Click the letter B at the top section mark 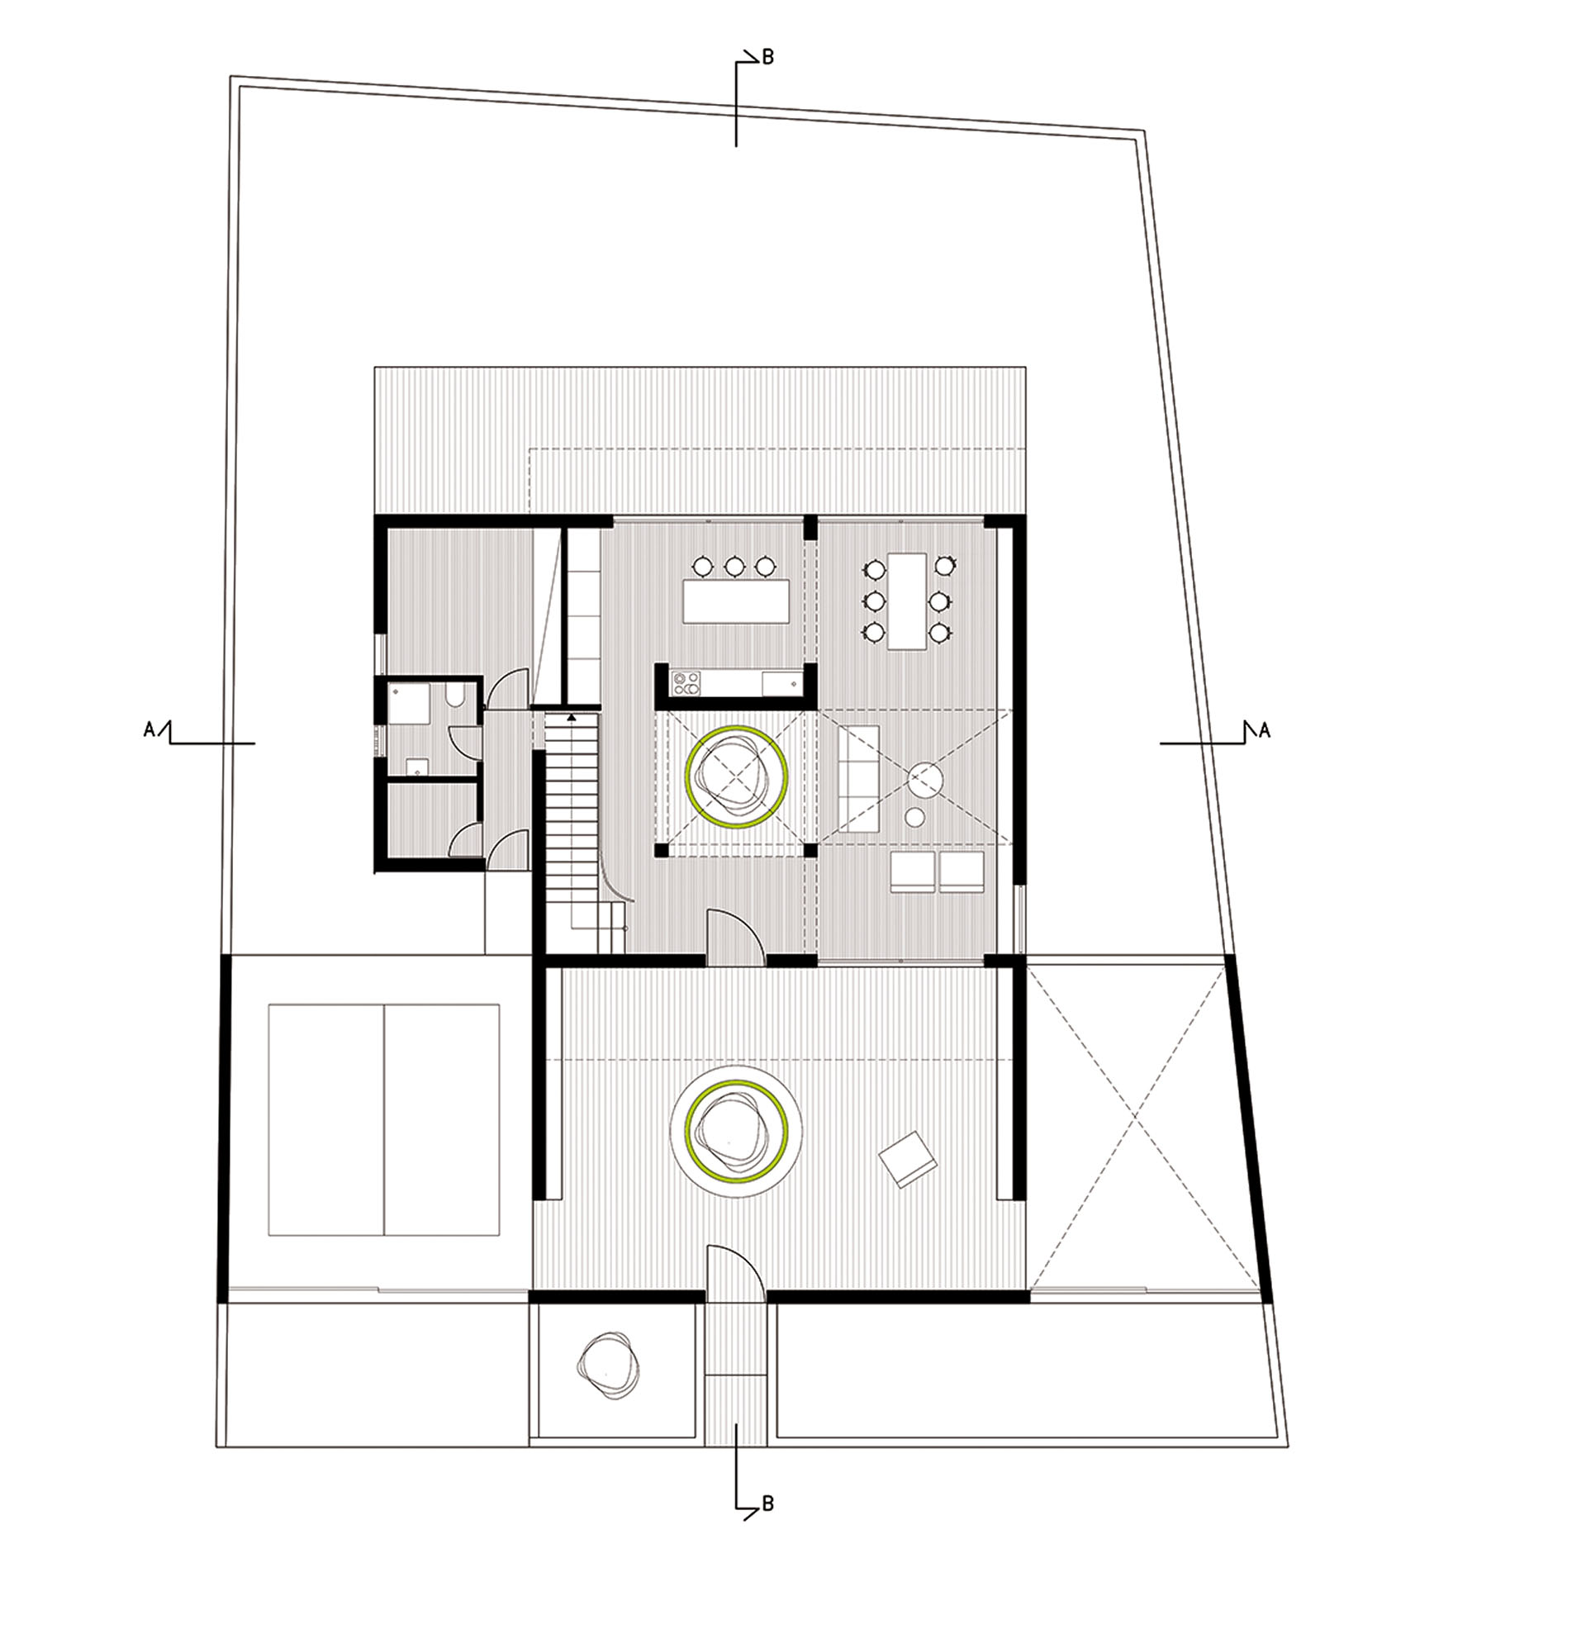coord(767,57)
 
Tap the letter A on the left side coord(150,730)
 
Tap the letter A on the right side coord(1264,730)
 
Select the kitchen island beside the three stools coord(736,601)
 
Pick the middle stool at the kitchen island coord(734,567)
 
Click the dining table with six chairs coord(909,601)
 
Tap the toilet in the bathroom coord(453,697)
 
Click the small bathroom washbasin coord(415,766)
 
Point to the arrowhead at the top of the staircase coord(572,718)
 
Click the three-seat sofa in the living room coord(858,779)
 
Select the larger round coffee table coord(926,781)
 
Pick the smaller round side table coord(914,816)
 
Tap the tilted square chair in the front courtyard coord(907,1159)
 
